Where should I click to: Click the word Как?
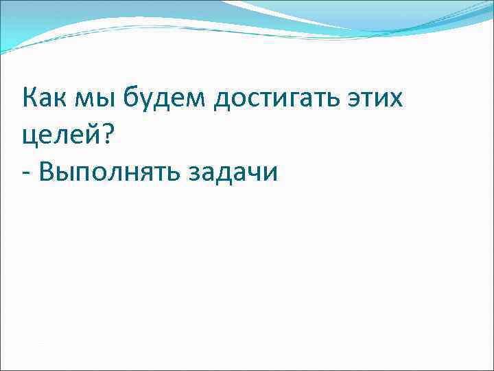point(45,100)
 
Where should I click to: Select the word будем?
point(165,100)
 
